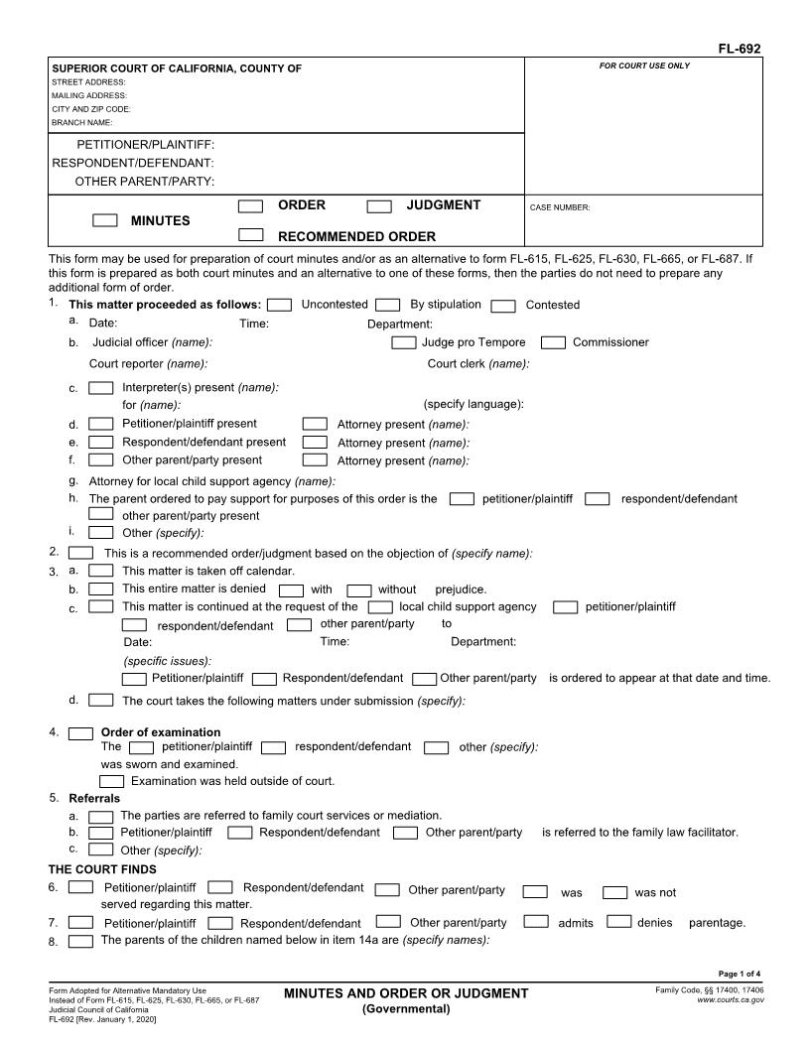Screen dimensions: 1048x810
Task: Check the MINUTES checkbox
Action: (x=104, y=220)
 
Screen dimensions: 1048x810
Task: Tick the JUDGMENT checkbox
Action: (x=379, y=206)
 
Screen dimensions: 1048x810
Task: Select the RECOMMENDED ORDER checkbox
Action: (x=251, y=235)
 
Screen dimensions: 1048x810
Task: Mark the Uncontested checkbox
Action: (x=280, y=305)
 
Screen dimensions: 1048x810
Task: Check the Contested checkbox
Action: (x=503, y=306)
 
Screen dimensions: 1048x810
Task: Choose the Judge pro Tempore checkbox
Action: (x=403, y=342)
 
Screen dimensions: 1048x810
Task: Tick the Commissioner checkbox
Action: (x=554, y=342)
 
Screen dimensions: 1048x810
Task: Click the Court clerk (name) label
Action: (x=477, y=363)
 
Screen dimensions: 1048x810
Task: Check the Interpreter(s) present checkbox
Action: (x=100, y=387)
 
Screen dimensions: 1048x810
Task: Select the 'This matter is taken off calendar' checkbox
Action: (x=100, y=571)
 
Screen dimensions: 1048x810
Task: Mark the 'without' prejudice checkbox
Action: (x=358, y=589)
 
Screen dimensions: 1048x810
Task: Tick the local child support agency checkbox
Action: (x=379, y=606)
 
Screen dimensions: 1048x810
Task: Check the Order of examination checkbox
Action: (x=80, y=733)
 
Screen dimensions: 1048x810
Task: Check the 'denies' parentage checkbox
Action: (x=618, y=922)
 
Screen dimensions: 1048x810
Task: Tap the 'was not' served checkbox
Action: (x=615, y=892)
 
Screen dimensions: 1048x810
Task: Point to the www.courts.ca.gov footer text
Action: (x=730, y=999)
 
